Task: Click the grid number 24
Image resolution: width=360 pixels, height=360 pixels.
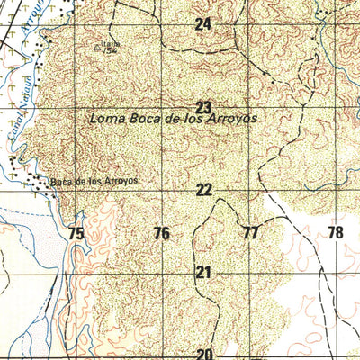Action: (203, 25)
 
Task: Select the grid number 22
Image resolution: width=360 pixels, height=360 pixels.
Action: (204, 190)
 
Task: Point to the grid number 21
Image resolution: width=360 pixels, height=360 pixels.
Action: (203, 272)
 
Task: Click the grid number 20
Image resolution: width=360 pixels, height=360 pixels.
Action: (204, 354)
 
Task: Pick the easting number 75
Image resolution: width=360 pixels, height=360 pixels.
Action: (76, 234)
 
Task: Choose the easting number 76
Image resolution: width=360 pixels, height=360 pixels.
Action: (161, 234)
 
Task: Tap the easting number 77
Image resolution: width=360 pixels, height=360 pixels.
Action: (250, 233)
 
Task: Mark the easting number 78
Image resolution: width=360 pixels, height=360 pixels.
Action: (336, 233)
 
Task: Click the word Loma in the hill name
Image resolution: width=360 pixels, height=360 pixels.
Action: (106, 119)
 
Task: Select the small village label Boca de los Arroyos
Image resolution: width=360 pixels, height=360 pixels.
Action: (94, 181)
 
